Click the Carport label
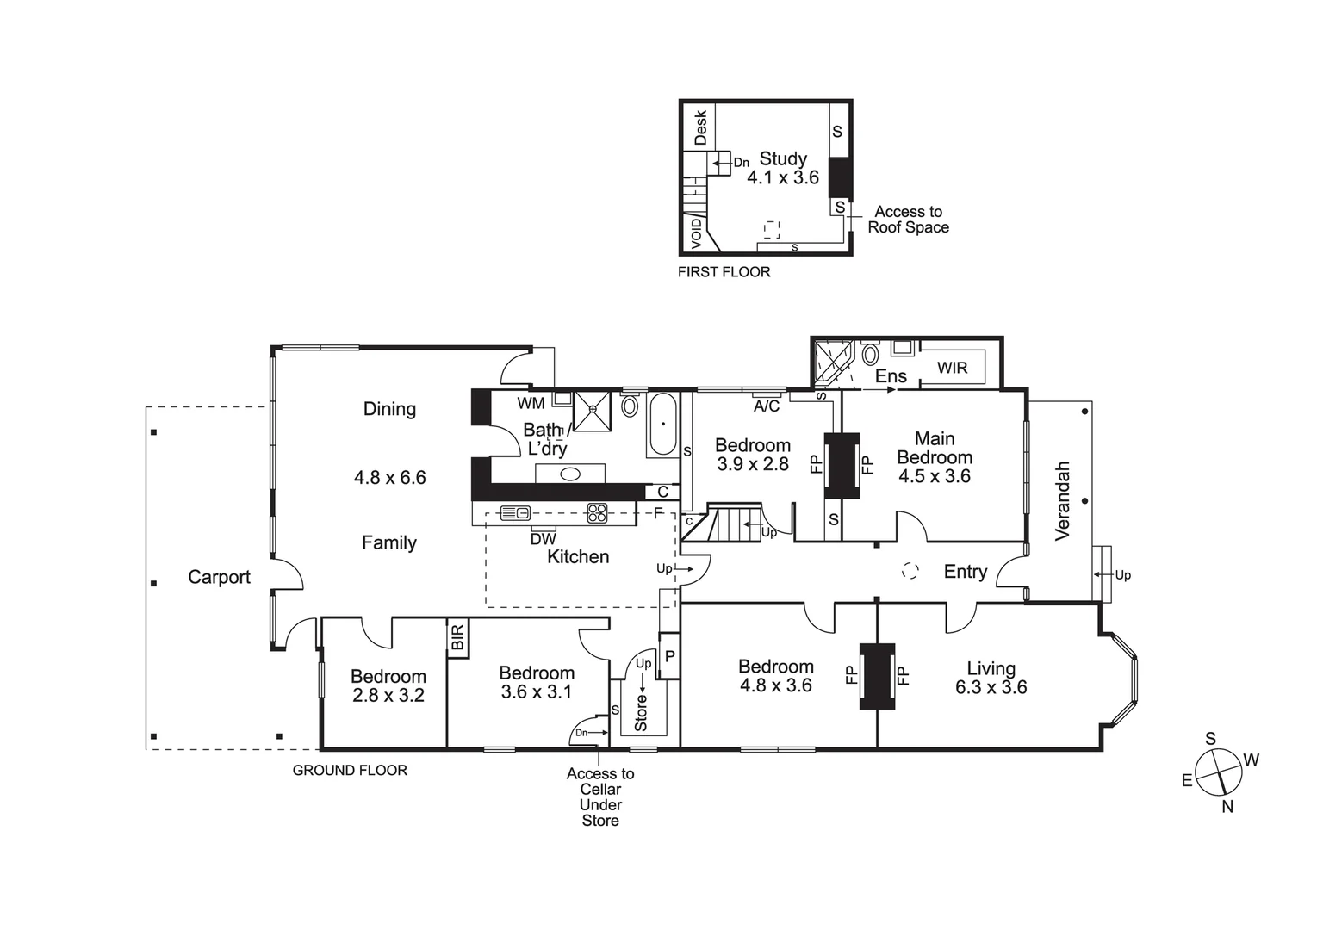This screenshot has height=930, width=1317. click(x=219, y=578)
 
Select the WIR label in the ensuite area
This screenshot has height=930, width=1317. click(x=952, y=368)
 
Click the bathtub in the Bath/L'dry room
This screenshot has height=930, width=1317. click(x=662, y=425)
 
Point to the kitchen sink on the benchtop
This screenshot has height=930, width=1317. click(x=516, y=513)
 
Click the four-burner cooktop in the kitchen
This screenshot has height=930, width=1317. click(x=598, y=513)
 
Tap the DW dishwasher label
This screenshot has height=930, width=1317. click(x=543, y=539)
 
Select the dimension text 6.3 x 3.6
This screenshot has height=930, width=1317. click(x=991, y=687)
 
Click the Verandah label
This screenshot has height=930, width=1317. click(x=1062, y=501)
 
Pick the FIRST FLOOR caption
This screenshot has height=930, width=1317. click(x=724, y=272)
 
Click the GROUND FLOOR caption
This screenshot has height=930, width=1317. click(x=350, y=771)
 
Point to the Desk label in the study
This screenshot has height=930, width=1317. click(x=700, y=127)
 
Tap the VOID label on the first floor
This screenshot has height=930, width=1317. click(x=696, y=233)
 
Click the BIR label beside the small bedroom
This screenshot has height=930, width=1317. click(x=457, y=638)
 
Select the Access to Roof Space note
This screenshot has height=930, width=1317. click(x=908, y=220)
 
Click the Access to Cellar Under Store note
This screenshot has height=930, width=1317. click(x=600, y=797)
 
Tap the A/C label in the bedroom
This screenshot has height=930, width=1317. click(x=766, y=406)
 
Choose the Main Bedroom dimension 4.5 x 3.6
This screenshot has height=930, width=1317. click(x=934, y=477)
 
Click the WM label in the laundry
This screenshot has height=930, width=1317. click(x=531, y=403)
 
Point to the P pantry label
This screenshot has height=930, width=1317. click(x=669, y=656)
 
